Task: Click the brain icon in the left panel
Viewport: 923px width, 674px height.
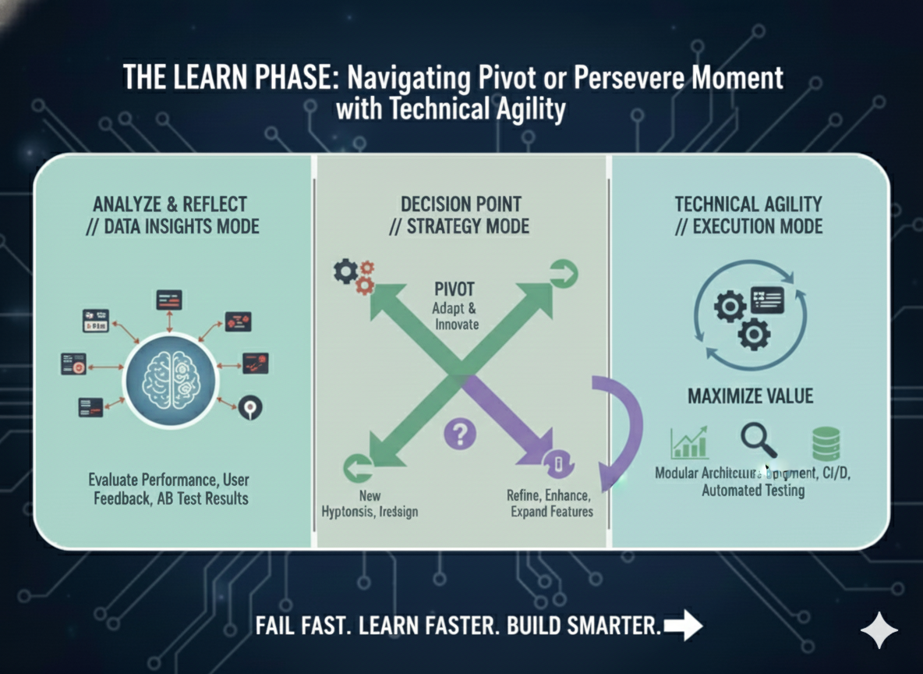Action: tap(172, 380)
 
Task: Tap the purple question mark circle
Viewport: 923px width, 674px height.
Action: tap(459, 433)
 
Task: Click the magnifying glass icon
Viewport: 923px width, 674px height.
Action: tap(758, 439)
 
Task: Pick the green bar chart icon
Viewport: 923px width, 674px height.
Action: tap(689, 443)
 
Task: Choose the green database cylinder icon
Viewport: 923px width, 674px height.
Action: tap(826, 443)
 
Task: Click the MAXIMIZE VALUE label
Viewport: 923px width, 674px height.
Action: tap(750, 396)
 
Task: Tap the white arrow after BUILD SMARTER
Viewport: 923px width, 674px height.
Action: tap(683, 626)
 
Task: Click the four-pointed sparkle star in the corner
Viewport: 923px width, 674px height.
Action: tap(879, 630)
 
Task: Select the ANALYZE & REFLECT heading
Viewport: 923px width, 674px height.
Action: tap(170, 204)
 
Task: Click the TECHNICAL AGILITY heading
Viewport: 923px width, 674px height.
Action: tap(748, 204)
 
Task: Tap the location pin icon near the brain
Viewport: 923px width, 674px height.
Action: tap(251, 407)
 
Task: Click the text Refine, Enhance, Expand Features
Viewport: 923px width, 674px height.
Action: tap(549, 503)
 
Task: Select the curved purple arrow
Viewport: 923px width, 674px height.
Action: tap(621, 429)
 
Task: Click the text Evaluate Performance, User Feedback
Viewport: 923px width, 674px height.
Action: tap(168, 488)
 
